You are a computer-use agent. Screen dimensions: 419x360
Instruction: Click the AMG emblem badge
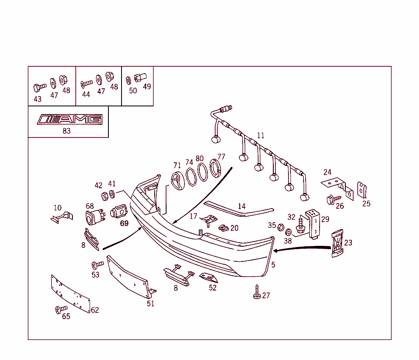point(70,119)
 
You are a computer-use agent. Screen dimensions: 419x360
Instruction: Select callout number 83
point(67,131)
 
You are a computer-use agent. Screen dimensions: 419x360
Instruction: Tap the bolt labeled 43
point(40,87)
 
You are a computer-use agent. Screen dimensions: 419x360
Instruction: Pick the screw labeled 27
point(257,292)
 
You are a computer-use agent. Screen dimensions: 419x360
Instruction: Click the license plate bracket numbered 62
point(70,293)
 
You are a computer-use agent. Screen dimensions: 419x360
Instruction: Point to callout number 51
point(151,304)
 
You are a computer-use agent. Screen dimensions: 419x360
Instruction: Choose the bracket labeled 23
point(337,243)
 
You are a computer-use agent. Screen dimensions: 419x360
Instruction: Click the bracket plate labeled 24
point(337,188)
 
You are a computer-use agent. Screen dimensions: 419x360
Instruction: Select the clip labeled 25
point(362,190)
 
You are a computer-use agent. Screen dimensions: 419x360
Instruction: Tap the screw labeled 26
point(333,200)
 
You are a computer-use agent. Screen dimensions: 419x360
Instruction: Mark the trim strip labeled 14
point(239,209)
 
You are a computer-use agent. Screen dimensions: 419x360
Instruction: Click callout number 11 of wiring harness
point(261,135)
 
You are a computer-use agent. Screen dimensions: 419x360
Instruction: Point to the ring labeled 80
point(203,173)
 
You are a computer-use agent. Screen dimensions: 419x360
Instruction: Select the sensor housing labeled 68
point(95,217)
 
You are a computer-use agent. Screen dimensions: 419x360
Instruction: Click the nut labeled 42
point(105,196)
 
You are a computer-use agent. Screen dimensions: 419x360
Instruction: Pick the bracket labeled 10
point(62,218)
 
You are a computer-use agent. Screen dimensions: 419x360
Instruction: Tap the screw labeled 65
point(61,310)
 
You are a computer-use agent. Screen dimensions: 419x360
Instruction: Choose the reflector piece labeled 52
point(209,278)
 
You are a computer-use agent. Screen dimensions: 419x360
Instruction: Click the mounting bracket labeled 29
point(313,224)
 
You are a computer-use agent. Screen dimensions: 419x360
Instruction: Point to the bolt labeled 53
point(97,265)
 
